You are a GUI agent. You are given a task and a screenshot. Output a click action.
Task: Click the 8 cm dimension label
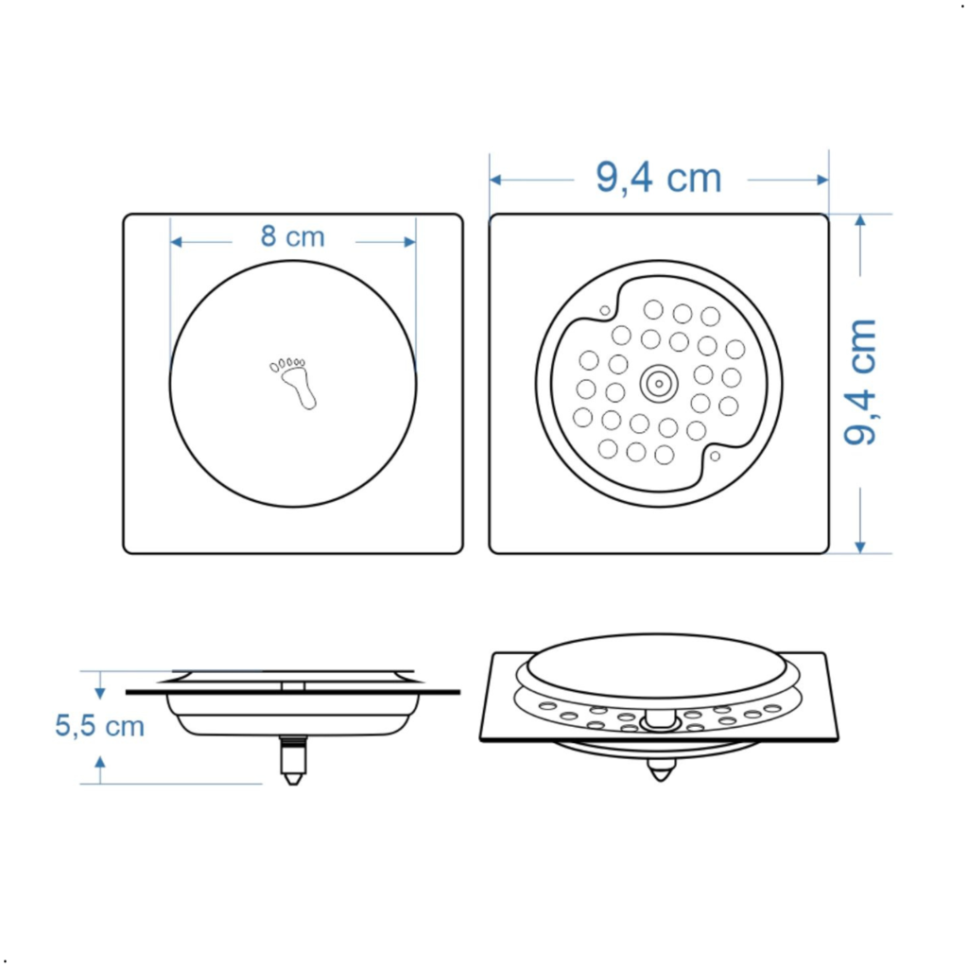coord(293,236)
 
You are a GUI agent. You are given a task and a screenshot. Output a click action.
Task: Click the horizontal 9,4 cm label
coord(659,178)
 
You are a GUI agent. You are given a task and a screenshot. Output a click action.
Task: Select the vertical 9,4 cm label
coord(860,382)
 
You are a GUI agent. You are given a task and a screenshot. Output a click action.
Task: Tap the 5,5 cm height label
coord(99,725)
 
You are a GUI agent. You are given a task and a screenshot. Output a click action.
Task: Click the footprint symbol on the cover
coord(293,383)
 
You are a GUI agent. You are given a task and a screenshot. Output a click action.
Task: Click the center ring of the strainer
coord(659,384)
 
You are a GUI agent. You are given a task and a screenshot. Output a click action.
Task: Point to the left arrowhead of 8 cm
coord(176,242)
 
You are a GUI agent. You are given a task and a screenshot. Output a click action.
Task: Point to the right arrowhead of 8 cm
coord(410,242)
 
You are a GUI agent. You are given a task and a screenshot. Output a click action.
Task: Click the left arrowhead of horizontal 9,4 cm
coord(495,180)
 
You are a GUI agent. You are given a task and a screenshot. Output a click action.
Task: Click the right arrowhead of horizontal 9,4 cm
coord(822,180)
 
